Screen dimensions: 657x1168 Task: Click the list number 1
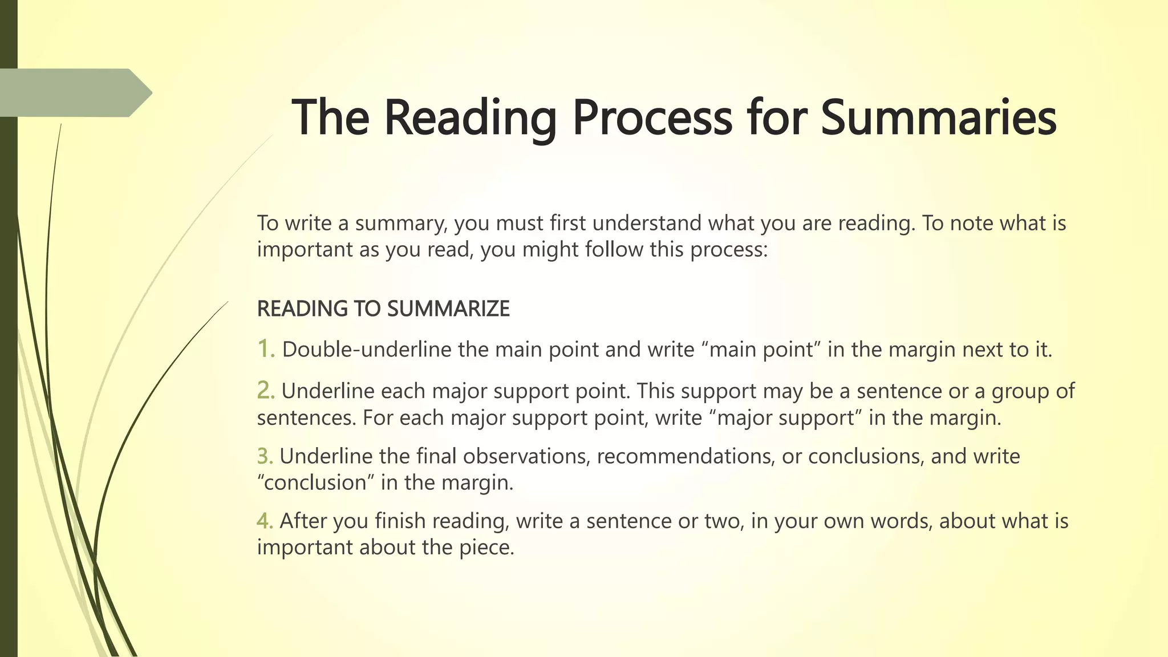(x=266, y=348)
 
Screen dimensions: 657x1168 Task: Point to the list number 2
(x=266, y=391)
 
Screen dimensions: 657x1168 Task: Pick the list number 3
(x=265, y=456)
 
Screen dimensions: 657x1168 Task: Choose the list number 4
(x=265, y=521)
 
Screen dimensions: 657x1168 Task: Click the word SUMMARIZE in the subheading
(x=448, y=309)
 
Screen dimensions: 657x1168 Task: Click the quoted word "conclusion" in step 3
(x=316, y=482)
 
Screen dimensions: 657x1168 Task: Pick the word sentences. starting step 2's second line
(x=306, y=417)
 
